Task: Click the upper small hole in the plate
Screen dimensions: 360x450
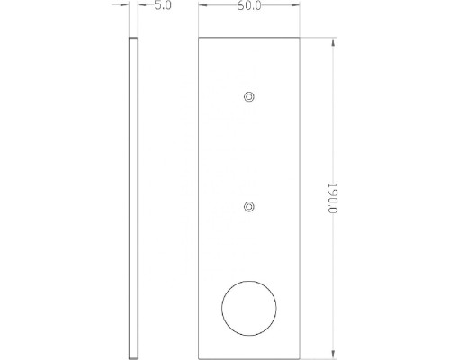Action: click(x=249, y=95)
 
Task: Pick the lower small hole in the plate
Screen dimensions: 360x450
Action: click(x=249, y=207)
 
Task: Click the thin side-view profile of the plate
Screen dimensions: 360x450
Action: click(x=133, y=198)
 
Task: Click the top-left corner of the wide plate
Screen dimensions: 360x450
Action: click(x=199, y=39)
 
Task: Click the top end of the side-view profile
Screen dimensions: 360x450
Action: click(x=133, y=40)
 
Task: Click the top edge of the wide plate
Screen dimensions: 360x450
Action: click(x=249, y=39)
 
